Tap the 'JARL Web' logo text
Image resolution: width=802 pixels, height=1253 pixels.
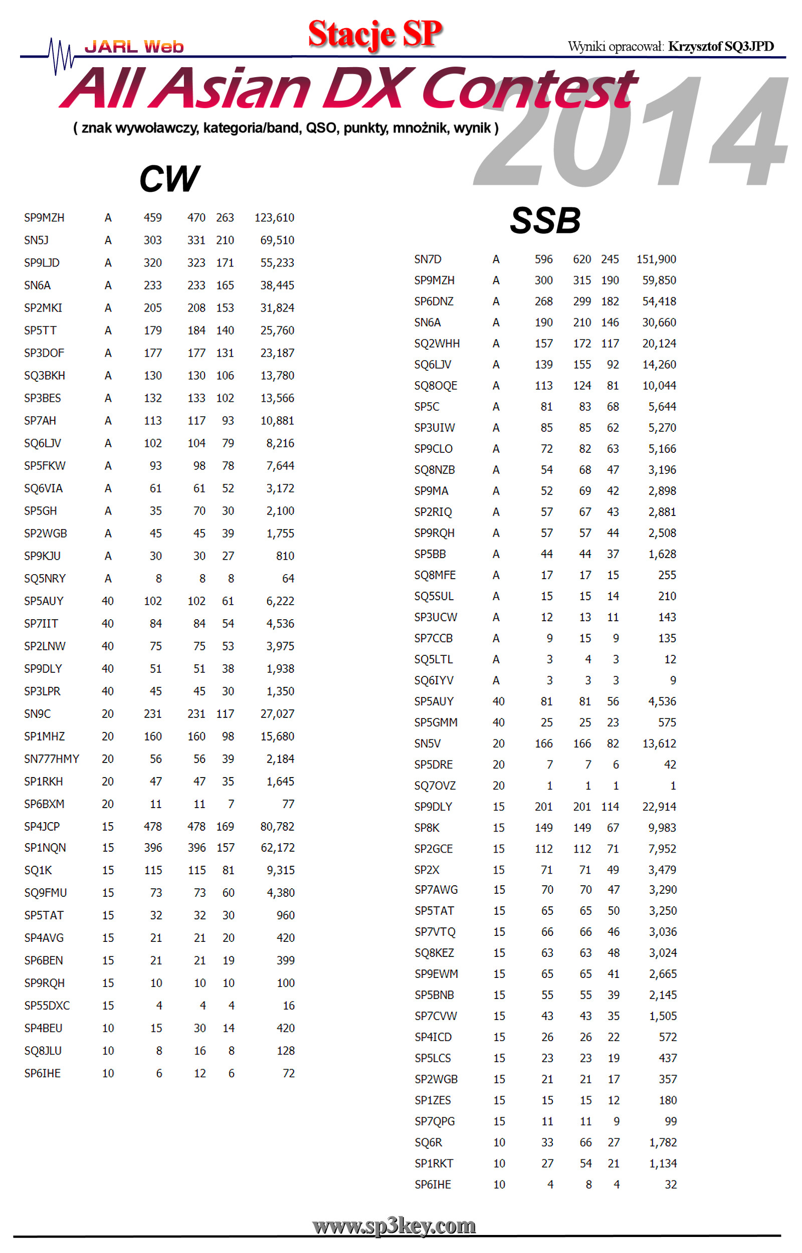point(134,47)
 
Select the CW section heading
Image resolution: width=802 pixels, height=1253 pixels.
point(169,178)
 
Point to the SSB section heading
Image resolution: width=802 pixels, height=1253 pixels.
point(545,220)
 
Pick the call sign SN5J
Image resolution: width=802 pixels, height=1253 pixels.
point(36,240)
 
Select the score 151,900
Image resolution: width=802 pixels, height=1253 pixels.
point(656,259)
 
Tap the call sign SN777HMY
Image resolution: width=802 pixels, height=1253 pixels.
point(52,759)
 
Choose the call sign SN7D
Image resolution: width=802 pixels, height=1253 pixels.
point(428,259)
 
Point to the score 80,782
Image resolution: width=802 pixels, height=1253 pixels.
point(277,827)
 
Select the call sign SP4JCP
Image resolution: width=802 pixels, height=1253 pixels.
point(42,827)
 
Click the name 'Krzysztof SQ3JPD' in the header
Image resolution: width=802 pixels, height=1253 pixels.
point(721,46)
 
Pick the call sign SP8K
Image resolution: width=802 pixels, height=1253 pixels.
point(427,828)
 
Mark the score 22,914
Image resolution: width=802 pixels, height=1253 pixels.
point(659,807)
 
